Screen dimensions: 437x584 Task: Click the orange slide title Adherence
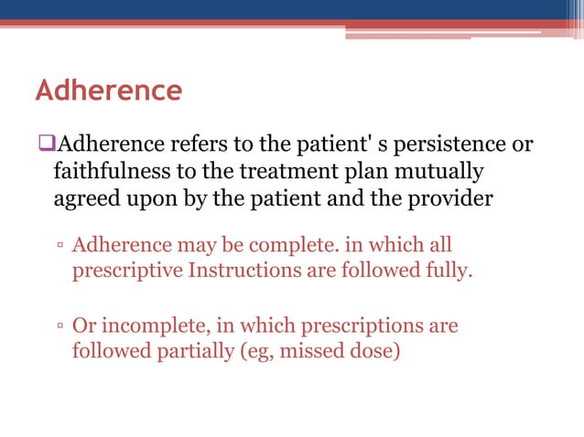pos(108,91)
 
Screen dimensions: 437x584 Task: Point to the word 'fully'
pos(448,272)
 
